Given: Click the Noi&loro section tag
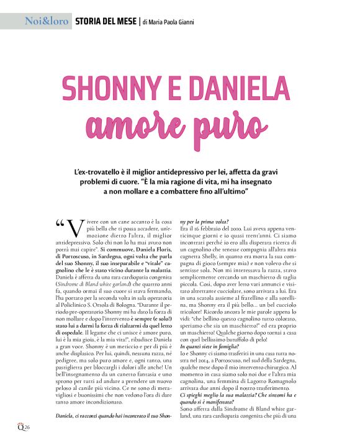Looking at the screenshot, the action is coord(46,22).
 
